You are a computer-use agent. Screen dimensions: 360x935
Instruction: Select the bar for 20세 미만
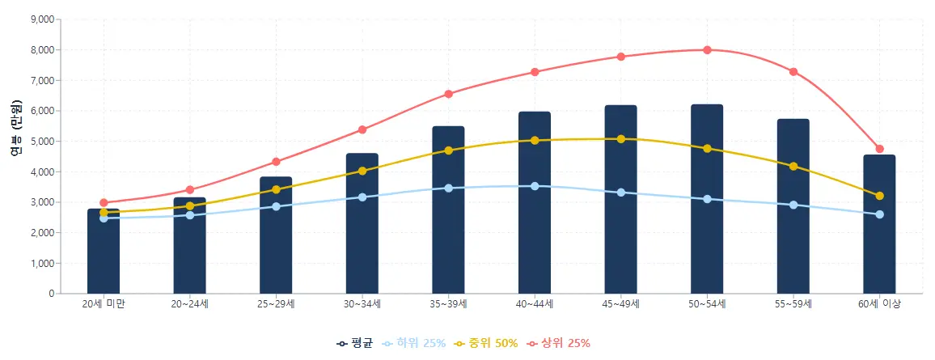click(x=104, y=259)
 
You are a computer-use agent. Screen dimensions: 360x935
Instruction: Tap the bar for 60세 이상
click(x=879, y=243)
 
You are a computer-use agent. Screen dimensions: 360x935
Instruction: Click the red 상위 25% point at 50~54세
click(x=707, y=50)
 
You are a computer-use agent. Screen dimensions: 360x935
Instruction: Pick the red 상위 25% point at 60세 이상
click(x=879, y=149)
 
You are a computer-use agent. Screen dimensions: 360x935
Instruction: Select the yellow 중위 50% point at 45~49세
click(x=620, y=139)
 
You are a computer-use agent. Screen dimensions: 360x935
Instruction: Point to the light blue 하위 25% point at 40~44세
click(x=535, y=186)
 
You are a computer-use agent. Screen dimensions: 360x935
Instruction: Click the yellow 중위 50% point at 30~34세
click(x=362, y=171)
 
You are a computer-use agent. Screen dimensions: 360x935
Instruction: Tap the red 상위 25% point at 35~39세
click(x=448, y=94)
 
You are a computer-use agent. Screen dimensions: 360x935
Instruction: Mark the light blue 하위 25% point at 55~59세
click(x=793, y=205)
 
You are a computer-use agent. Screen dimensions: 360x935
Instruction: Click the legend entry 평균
click(x=355, y=343)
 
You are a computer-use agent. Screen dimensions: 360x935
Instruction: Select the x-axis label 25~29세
click(x=276, y=304)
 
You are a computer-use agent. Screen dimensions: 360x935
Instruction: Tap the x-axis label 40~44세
click(x=535, y=304)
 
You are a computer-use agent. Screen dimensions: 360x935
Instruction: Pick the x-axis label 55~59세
click(x=793, y=304)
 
